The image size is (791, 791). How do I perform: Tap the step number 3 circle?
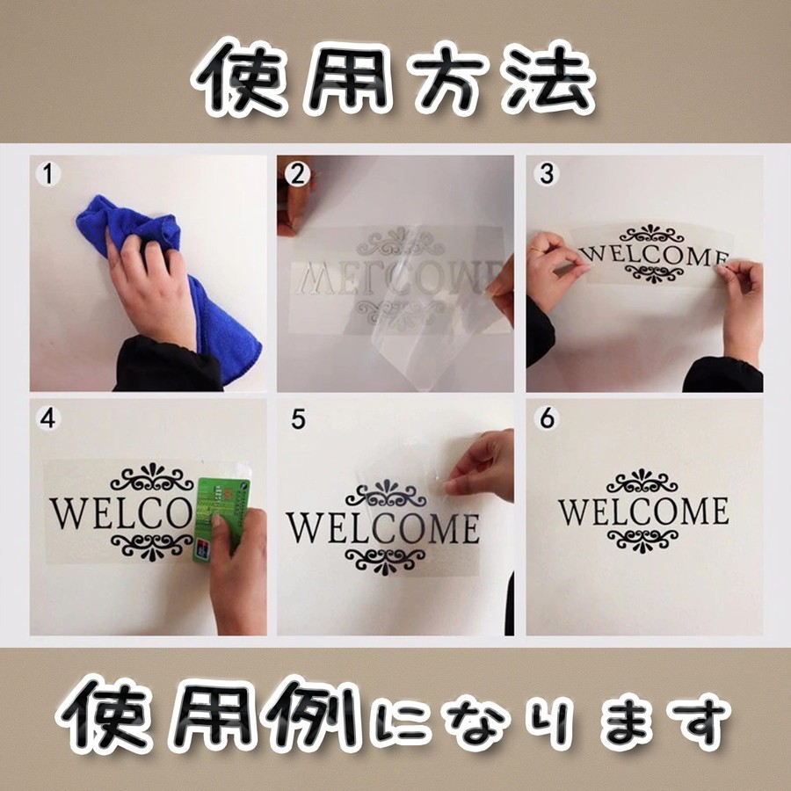[x=548, y=174]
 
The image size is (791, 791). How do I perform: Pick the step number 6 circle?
[x=548, y=419]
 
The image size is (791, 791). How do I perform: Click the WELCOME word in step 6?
[x=643, y=511]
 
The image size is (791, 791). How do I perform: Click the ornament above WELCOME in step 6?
[x=643, y=482]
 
